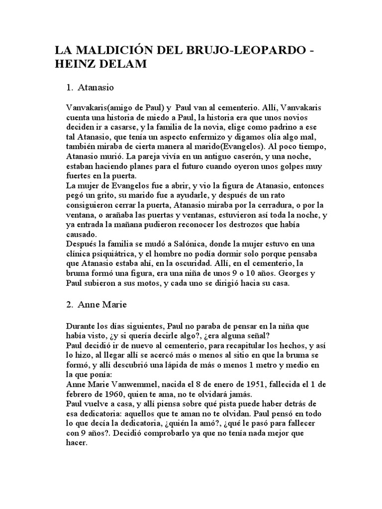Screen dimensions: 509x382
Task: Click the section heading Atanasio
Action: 96,88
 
